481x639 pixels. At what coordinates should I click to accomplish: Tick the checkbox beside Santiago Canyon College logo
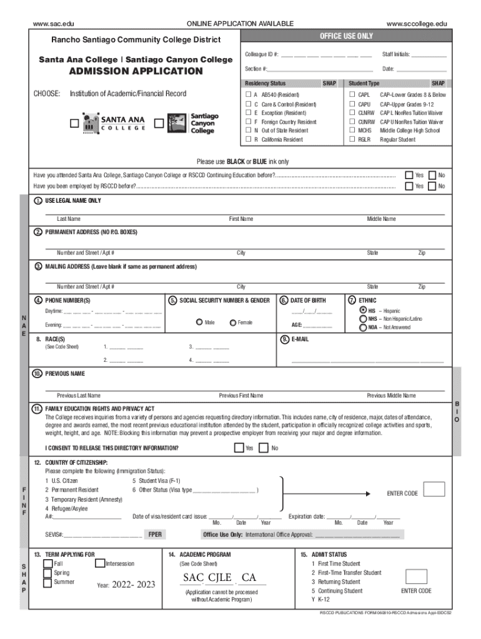click(159, 124)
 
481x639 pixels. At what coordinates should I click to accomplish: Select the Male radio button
click(199, 322)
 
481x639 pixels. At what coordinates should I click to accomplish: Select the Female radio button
click(233, 322)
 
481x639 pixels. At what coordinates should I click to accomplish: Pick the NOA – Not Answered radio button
click(363, 326)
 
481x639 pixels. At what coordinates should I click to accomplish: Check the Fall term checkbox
click(47, 563)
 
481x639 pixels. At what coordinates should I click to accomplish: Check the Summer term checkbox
click(47, 582)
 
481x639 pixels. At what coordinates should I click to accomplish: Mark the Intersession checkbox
click(100, 563)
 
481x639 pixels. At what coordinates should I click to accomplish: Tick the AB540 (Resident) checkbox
click(247, 95)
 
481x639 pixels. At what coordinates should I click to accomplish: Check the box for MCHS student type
click(352, 130)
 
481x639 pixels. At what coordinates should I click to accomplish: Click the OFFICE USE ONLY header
click(346, 36)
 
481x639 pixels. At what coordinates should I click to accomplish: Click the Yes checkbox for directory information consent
click(239, 447)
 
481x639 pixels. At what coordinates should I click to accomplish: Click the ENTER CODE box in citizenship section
click(434, 489)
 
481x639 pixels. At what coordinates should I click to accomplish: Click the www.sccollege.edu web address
click(417, 24)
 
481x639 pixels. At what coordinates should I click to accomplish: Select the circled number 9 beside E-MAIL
click(285, 339)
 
